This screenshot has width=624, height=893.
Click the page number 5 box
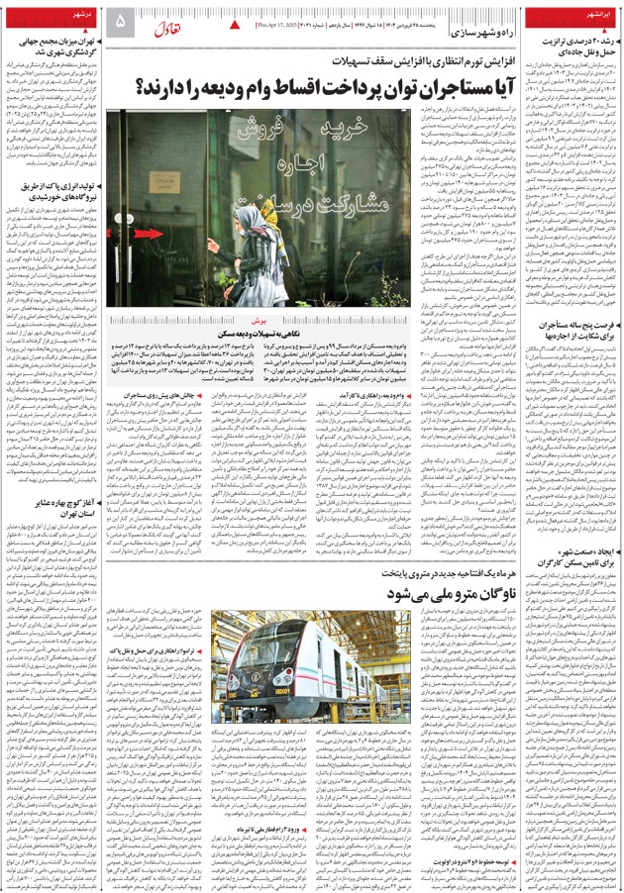pyautogui.click(x=122, y=20)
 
